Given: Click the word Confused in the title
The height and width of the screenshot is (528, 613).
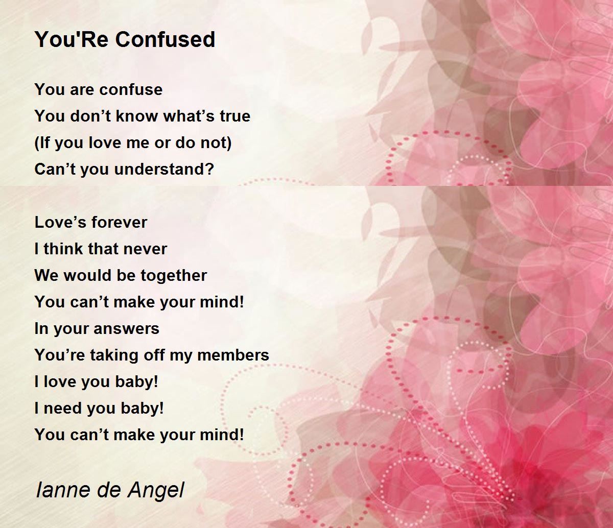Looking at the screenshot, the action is tap(165, 39).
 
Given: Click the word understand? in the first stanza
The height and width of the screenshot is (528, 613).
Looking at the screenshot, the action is tap(164, 170).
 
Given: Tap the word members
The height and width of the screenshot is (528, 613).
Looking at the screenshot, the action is tap(233, 355).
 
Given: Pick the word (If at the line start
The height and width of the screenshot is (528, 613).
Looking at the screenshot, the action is tap(42, 143).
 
